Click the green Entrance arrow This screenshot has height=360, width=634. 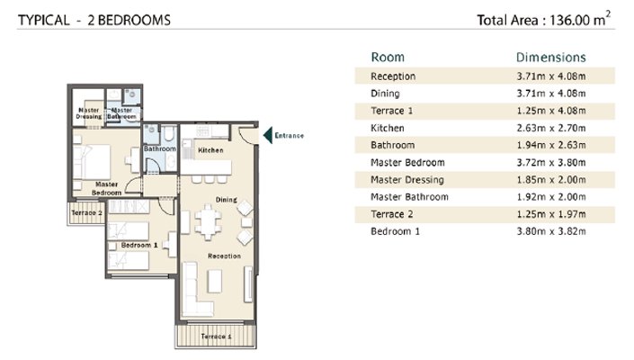[x=268, y=136]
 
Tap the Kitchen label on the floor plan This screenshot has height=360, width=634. [x=210, y=150]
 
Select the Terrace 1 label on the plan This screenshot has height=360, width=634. [x=217, y=336]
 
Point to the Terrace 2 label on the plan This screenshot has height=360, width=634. [x=87, y=212]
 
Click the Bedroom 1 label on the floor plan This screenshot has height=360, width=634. [x=139, y=245]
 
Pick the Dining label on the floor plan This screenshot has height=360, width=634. [x=227, y=200]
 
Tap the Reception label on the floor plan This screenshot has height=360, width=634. [x=225, y=256]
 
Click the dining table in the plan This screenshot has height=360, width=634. [x=209, y=222]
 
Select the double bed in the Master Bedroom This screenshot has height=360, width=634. [x=93, y=162]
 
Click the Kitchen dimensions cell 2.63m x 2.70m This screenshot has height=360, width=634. [x=551, y=128]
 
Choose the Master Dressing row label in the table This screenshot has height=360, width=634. [x=407, y=180]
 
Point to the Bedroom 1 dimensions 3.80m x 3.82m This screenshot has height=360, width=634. [x=551, y=231]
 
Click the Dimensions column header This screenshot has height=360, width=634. [x=551, y=57]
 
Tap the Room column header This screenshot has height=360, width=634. [x=388, y=57]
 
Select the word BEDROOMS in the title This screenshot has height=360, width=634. [x=135, y=20]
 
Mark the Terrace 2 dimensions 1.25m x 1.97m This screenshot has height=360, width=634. [x=551, y=214]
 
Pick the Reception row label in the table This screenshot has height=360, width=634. [x=393, y=76]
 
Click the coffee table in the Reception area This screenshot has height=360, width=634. [x=215, y=281]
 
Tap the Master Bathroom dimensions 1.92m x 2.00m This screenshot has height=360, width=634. [x=551, y=197]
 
